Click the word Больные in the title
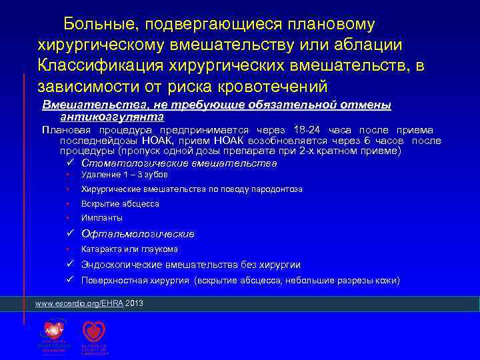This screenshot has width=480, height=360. (x=95, y=25)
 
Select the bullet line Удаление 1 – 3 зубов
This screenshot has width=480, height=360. (x=124, y=175)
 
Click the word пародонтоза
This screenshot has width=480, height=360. (x=274, y=189)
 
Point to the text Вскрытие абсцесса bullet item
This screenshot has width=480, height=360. (x=120, y=204)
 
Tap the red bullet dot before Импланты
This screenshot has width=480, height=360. (x=68, y=218)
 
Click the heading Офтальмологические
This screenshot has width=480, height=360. (x=137, y=234)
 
